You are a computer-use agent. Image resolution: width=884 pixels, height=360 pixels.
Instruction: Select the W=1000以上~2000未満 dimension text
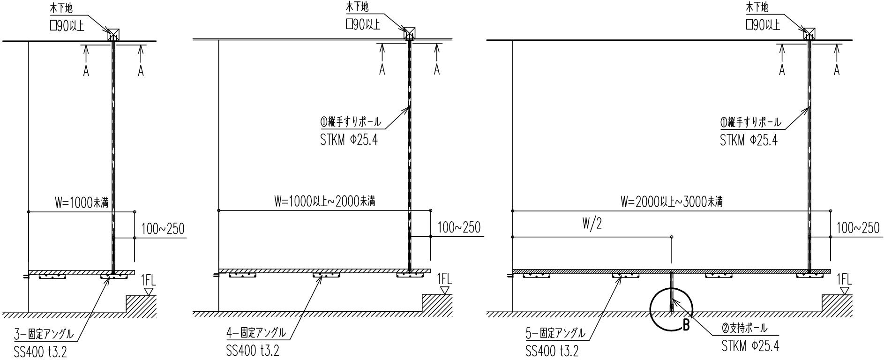(x=324, y=202)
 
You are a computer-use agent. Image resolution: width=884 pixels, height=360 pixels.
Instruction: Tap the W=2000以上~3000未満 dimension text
(x=671, y=202)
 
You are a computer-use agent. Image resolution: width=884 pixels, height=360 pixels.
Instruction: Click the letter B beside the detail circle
(x=686, y=325)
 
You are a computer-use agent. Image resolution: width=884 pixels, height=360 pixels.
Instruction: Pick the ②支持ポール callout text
(x=744, y=329)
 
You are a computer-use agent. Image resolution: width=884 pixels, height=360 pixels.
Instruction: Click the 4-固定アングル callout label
(x=256, y=333)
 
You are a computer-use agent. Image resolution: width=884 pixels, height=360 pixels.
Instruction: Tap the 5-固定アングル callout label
(x=555, y=333)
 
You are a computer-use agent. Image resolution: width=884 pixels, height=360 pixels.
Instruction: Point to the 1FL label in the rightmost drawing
(x=844, y=280)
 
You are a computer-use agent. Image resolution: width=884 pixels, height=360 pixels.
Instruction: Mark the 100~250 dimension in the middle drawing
(x=459, y=228)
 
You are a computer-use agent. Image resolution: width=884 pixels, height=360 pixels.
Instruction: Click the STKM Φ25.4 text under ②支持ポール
(x=750, y=347)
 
